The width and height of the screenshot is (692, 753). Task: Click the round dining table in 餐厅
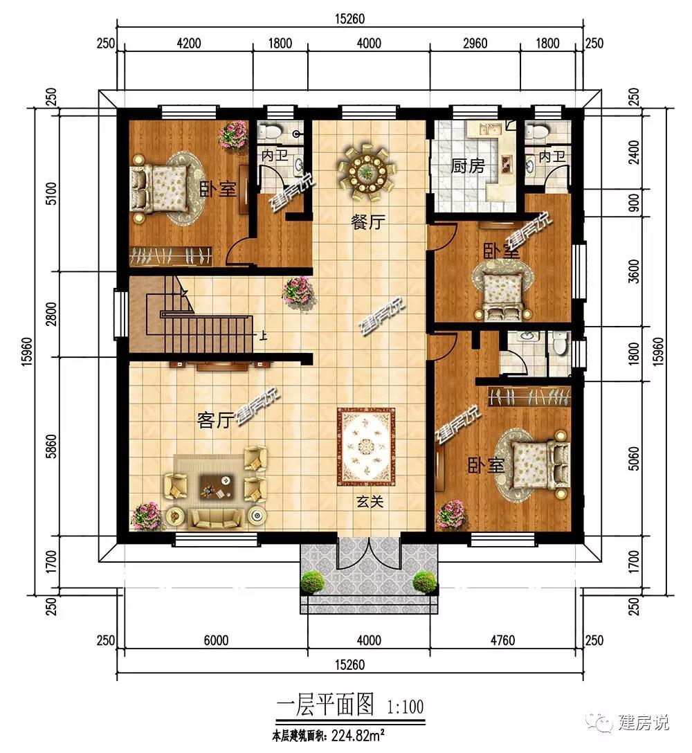pyautogui.click(x=368, y=170)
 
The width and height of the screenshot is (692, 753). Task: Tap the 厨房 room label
pyautogui.click(x=468, y=166)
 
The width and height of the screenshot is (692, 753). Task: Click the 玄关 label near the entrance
pyautogui.click(x=370, y=502)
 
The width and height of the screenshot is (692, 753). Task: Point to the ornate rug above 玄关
pyautogui.click(x=366, y=447)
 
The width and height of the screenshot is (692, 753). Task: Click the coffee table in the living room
pyautogui.click(x=216, y=486)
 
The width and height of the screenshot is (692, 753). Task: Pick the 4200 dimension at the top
pyautogui.click(x=189, y=43)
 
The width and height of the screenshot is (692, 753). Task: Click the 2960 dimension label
pyautogui.click(x=475, y=43)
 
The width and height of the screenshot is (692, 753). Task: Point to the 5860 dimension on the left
pyautogui.click(x=52, y=446)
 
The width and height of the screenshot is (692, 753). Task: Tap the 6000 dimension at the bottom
pyautogui.click(x=216, y=640)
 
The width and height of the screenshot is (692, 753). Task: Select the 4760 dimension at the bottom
pyautogui.click(x=502, y=640)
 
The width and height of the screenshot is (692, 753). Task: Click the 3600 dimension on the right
pyautogui.click(x=634, y=271)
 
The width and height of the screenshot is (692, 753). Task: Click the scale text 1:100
pyautogui.click(x=406, y=707)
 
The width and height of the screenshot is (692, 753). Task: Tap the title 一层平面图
pyautogui.click(x=325, y=705)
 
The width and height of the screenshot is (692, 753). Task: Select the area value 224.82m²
pyautogui.click(x=358, y=735)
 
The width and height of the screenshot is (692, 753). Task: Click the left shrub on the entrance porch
pyautogui.click(x=313, y=582)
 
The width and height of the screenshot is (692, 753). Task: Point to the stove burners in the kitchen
pyautogui.click(x=506, y=163)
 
